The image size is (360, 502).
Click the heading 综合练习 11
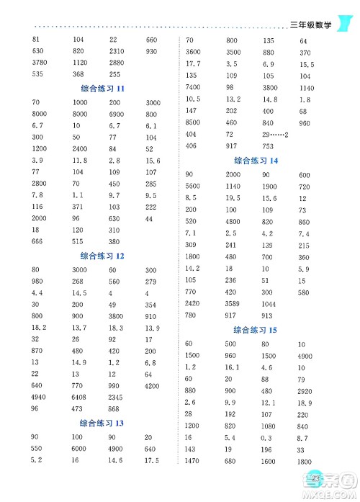(x=101, y=88)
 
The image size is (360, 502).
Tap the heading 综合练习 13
(x=101, y=423)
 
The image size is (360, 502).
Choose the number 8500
(x=193, y=122)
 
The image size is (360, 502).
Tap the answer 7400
(x=193, y=87)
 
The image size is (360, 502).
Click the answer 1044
(x=270, y=304)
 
